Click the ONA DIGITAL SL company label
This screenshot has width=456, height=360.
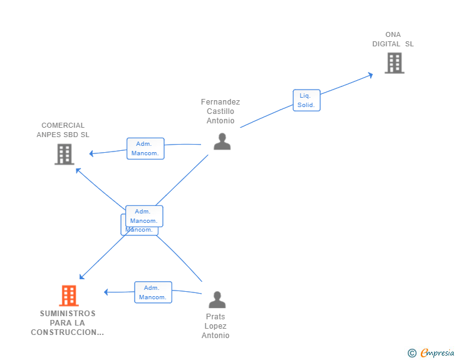click(x=393, y=39)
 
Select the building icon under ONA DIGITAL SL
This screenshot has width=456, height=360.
click(x=394, y=63)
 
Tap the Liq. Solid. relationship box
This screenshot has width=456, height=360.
click(x=306, y=100)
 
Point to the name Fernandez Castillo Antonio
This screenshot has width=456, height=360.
click(x=220, y=111)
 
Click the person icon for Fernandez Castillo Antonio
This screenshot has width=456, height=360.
click(x=222, y=142)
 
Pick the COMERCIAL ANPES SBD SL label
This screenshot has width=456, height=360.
click(x=63, y=130)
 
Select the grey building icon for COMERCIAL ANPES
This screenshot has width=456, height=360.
click(x=65, y=154)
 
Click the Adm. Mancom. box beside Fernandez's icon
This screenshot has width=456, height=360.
click(x=145, y=148)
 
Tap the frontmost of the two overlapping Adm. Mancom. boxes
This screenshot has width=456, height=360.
click(x=144, y=216)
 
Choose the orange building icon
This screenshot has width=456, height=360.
click(x=69, y=296)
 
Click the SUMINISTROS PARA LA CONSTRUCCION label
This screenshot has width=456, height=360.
click(x=68, y=322)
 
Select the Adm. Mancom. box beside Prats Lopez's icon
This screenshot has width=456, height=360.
click(x=153, y=292)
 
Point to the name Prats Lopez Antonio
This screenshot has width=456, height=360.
click(x=215, y=326)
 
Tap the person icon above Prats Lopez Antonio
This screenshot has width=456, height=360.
click(x=217, y=300)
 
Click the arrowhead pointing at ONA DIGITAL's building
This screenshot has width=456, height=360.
click(x=370, y=75)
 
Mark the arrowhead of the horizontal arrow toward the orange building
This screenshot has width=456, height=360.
click(x=106, y=292)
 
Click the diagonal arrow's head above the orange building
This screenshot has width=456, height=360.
click(x=81, y=277)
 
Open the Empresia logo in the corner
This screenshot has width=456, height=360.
click(x=437, y=353)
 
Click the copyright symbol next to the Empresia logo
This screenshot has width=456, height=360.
click(x=412, y=353)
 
